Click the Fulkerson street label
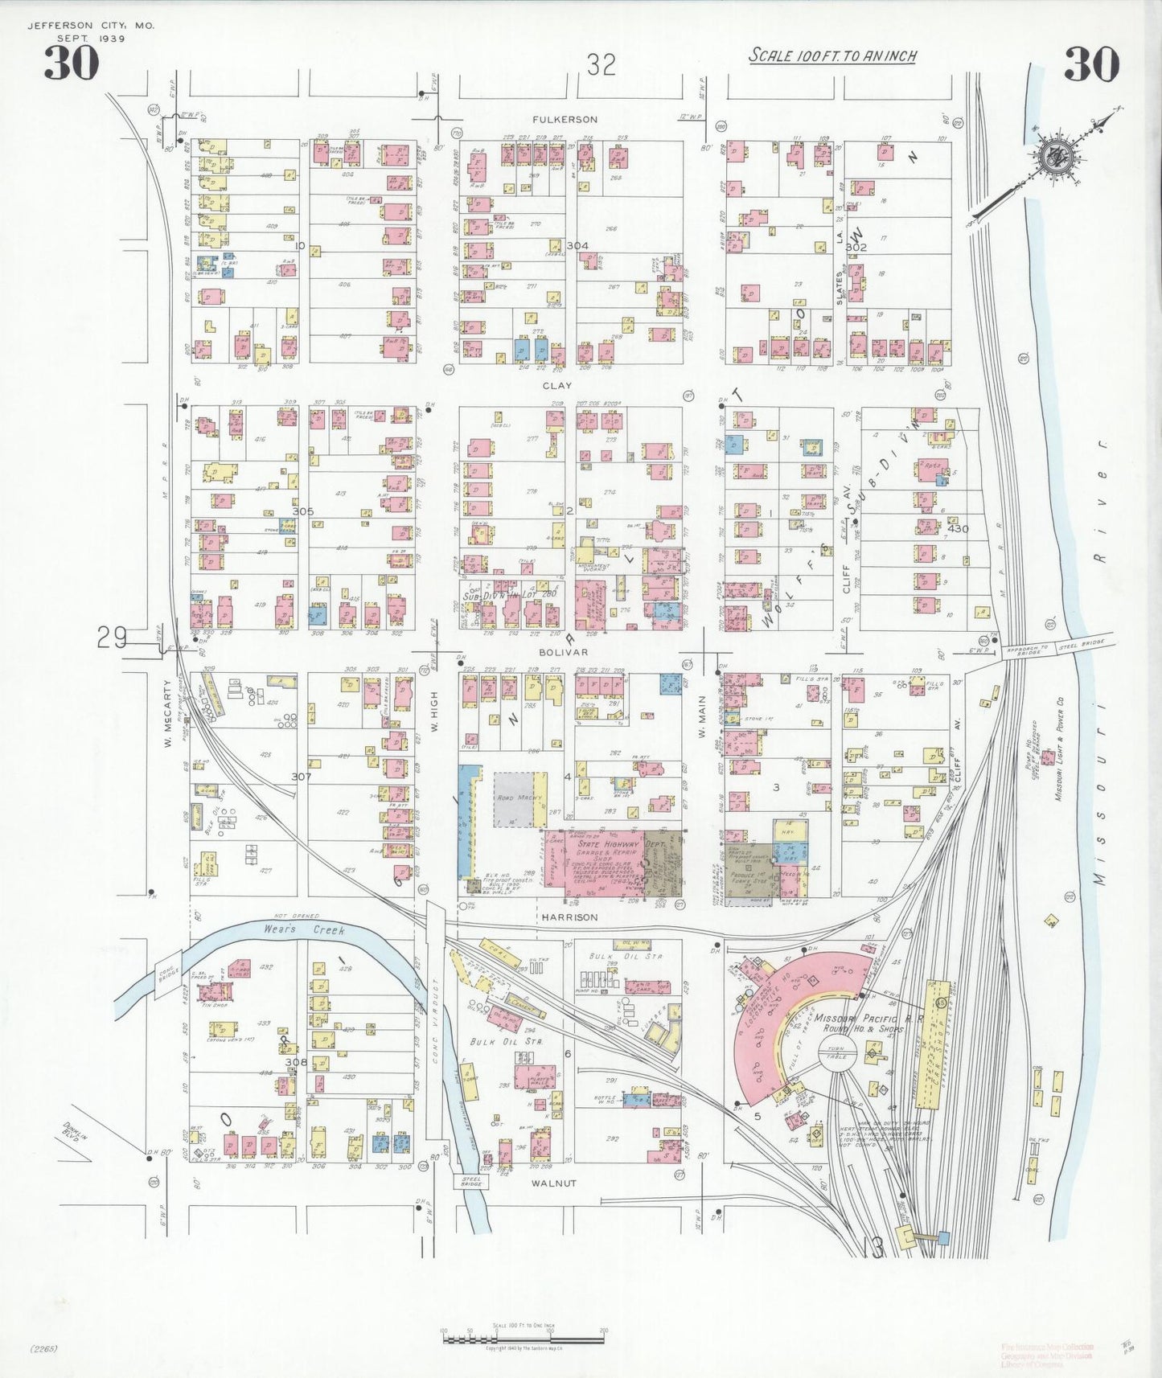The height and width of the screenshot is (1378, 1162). point(565,120)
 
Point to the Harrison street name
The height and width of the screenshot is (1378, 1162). point(569,917)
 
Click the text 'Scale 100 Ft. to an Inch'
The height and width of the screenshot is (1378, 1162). point(832,56)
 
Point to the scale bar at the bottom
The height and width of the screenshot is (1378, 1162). point(523,1338)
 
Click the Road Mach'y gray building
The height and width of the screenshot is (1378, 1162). point(515,800)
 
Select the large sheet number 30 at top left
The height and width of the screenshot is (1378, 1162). point(71,63)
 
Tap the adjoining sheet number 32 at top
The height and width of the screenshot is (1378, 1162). point(600,64)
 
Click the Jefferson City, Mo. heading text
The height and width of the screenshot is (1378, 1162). point(91,26)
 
